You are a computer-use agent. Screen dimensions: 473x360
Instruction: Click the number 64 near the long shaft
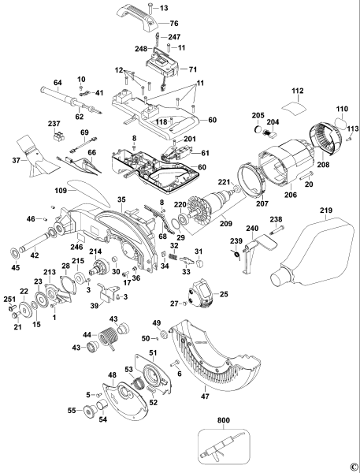click(x=35, y=82)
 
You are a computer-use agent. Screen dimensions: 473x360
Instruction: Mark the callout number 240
click(x=253, y=228)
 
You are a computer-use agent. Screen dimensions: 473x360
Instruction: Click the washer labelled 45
click(x=15, y=255)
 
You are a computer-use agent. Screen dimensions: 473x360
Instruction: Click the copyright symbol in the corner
click(x=354, y=466)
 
